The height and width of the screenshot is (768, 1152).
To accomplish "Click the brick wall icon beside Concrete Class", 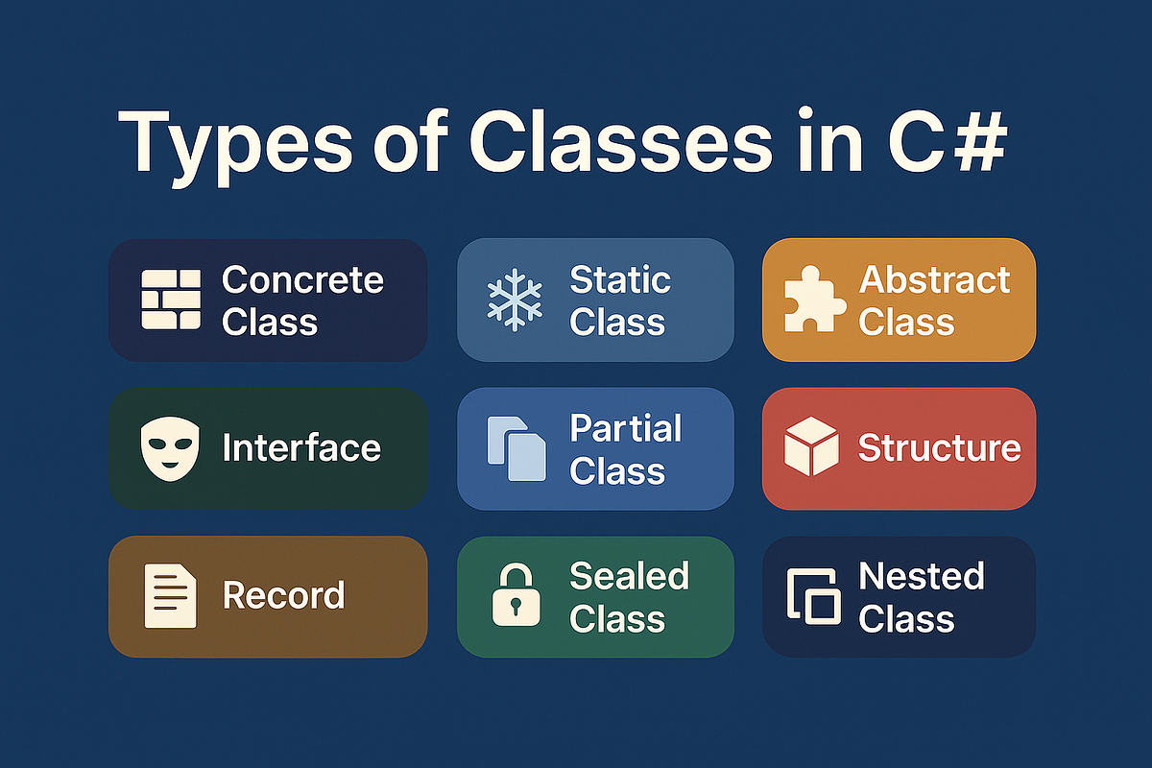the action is point(171,299).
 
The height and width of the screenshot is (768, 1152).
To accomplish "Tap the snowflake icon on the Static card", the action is point(515,300).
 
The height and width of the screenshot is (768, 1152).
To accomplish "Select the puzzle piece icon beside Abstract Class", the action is point(815,299).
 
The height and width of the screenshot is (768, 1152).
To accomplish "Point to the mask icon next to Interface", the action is point(170,448).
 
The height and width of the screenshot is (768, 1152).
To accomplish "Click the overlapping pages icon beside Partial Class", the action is point(516,448).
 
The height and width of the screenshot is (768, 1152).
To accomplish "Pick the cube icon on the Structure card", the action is point(811,446).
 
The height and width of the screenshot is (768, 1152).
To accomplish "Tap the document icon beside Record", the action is point(170,595).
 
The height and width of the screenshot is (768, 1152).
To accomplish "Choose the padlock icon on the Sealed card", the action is point(516,594).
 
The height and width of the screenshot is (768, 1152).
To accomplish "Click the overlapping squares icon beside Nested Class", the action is point(814,596).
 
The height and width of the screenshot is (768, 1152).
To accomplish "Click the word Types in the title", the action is point(235,143).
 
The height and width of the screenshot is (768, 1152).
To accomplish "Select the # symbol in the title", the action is point(979,141).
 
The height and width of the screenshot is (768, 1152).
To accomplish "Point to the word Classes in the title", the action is point(621,140).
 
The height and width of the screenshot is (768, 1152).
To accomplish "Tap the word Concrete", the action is point(303,280).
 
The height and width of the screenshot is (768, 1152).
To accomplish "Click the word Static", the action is point(620,279).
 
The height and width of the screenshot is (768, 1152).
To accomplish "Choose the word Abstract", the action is point(934,280).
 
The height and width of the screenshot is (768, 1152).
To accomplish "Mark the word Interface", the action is point(301,447).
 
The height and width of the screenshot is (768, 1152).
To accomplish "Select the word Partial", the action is point(626,428).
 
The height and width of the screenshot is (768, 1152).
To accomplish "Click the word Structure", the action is point(940,447).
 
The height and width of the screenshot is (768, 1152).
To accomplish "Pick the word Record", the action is point(283,595).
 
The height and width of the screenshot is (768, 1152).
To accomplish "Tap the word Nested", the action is point(922,576).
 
